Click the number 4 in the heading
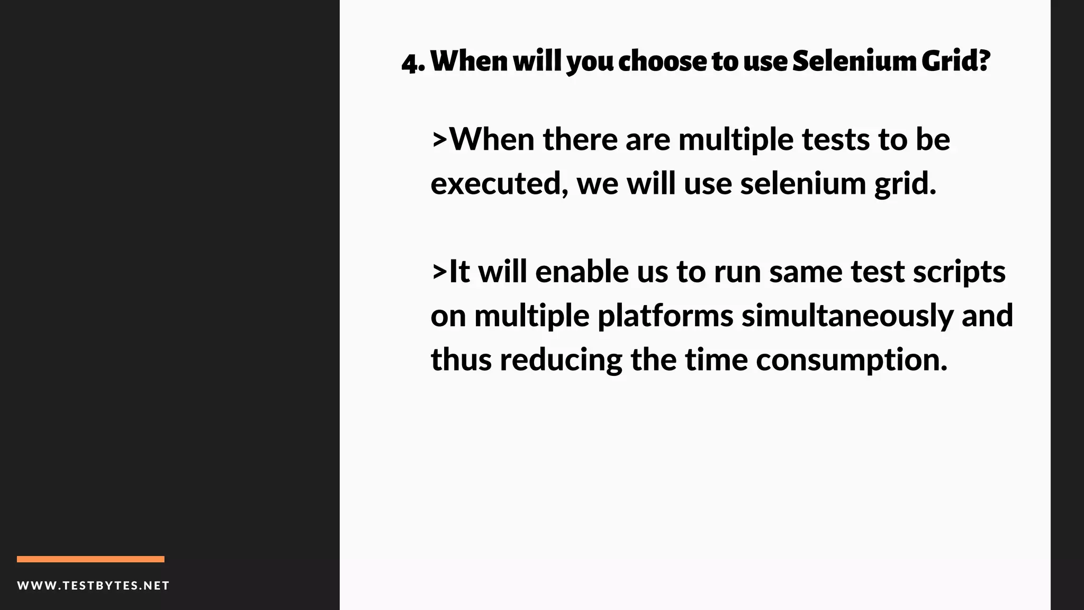409,62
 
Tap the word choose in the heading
662,61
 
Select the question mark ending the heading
984,60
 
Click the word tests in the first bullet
835,140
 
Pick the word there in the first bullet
580,140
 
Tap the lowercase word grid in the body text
905,185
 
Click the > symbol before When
439,140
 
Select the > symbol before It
439,272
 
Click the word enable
582,272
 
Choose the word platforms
665,317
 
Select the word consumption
851,361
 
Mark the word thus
461,360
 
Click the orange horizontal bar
91,559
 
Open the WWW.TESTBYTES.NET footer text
93,586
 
